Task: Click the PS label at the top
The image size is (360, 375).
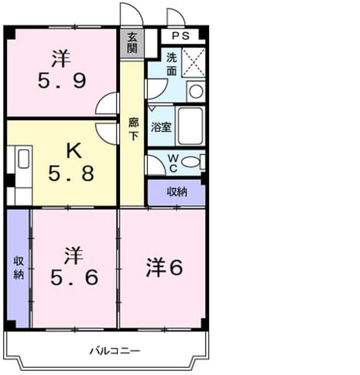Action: tap(181, 36)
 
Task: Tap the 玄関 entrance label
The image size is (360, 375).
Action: tap(132, 43)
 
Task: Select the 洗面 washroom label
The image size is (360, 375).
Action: tap(172, 64)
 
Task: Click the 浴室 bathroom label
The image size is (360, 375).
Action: tap(161, 127)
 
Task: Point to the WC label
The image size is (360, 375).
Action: tap(173, 163)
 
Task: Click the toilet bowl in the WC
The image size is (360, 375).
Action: tap(190, 162)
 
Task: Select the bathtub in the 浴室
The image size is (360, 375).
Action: tap(190, 126)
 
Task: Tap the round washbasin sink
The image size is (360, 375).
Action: tap(196, 91)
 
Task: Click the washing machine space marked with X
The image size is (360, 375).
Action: tap(194, 63)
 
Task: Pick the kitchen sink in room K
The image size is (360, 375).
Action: tap(23, 159)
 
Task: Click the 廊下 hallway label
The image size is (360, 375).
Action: tap(133, 129)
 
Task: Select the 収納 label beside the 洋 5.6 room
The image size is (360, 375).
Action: tap(18, 268)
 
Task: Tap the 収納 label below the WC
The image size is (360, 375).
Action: tap(177, 192)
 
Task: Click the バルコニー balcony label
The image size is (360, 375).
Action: tap(115, 351)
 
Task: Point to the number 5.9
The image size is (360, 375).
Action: tap(62, 81)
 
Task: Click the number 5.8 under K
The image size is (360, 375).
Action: tap(71, 173)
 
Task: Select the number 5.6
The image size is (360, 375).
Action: tap(74, 277)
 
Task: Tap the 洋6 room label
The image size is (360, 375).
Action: tap(164, 267)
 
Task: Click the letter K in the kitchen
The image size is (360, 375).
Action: tap(74, 151)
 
